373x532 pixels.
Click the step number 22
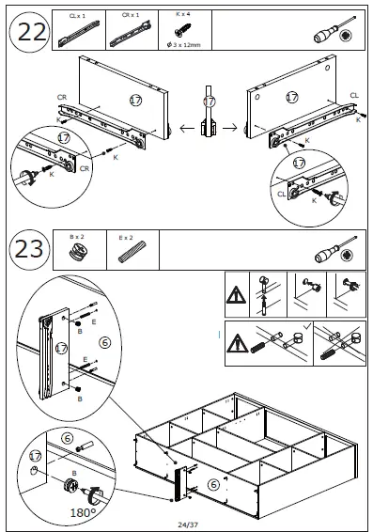(x=32, y=33)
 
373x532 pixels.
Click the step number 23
(x=29, y=249)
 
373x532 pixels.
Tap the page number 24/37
(x=188, y=524)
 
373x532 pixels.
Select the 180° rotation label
(x=83, y=512)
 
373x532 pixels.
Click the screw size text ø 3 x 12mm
(x=184, y=45)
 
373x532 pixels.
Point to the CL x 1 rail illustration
(x=79, y=34)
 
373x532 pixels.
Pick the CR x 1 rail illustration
(x=131, y=34)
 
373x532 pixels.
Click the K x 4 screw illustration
(x=183, y=30)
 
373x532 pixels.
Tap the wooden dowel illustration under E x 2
(x=132, y=252)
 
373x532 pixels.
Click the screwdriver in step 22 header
(x=334, y=30)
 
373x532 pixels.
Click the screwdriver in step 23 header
(x=335, y=249)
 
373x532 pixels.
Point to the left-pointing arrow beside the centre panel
(x=187, y=128)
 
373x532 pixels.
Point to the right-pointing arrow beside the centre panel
(x=230, y=128)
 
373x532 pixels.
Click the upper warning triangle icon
(x=237, y=294)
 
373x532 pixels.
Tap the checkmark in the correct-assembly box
(x=307, y=326)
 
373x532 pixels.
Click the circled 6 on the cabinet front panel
(x=213, y=484)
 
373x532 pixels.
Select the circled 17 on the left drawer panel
(x=135, y=100)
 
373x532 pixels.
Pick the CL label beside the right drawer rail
(x=354, y=96)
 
